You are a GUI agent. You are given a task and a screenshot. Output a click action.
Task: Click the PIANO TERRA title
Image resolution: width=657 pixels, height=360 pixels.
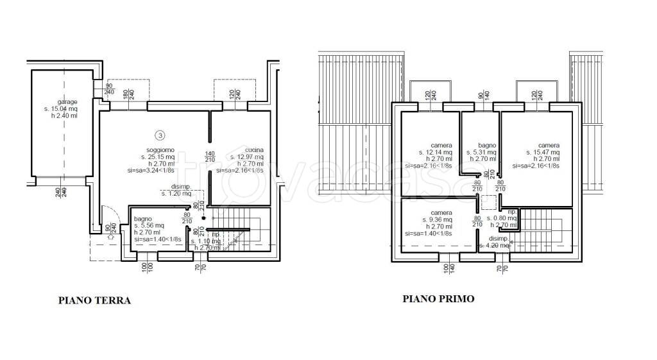point(94,300)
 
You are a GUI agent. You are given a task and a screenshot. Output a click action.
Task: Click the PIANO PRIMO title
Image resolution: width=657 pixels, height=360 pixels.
point(438,298)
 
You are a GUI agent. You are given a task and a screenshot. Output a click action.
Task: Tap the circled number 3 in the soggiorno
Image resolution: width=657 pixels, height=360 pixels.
point(160,135)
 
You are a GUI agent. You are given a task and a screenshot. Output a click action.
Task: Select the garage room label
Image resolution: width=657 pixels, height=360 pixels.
point(67,102)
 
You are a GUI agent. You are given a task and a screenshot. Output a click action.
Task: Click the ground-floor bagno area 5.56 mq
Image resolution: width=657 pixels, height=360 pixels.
point(149,225)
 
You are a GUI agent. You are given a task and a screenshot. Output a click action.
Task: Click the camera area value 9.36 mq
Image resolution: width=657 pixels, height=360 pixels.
point(436,219)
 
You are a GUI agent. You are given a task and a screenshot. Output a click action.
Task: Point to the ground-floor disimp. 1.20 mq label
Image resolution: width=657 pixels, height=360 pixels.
point(175,193)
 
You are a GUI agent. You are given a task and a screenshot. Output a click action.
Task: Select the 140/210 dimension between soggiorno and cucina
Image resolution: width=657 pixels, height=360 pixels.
point(209,156)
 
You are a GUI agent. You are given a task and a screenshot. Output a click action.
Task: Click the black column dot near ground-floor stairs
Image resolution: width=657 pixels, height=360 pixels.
point(203,218)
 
